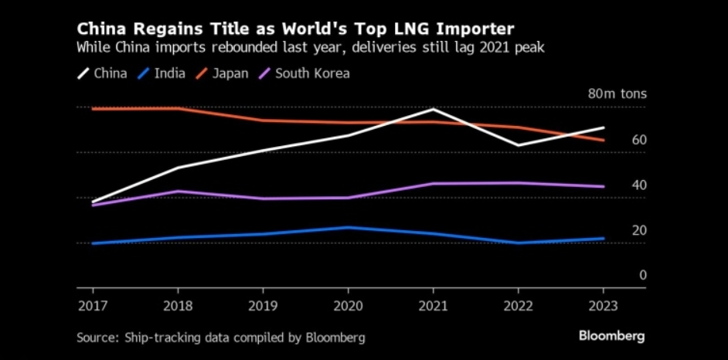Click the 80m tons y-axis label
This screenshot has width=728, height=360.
point(617,94)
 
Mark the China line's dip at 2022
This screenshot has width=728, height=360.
point(517,145)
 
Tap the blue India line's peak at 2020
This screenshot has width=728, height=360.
point(347,227)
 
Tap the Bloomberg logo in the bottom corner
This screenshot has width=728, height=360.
point(612,337)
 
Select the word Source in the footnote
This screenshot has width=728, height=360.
point(94,338)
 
